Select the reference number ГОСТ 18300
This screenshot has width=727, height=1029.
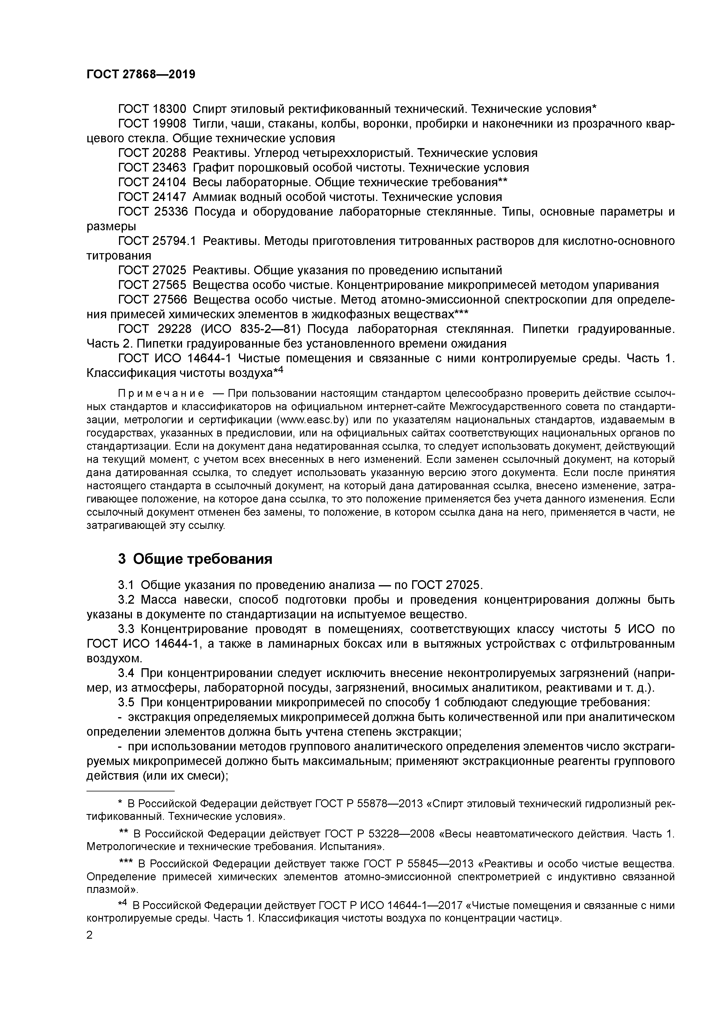pos(152,109)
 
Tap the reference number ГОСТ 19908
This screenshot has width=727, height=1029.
pos(152,124)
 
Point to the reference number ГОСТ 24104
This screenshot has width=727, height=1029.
pos(152,182)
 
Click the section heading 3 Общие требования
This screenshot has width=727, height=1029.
pos(195,559)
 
